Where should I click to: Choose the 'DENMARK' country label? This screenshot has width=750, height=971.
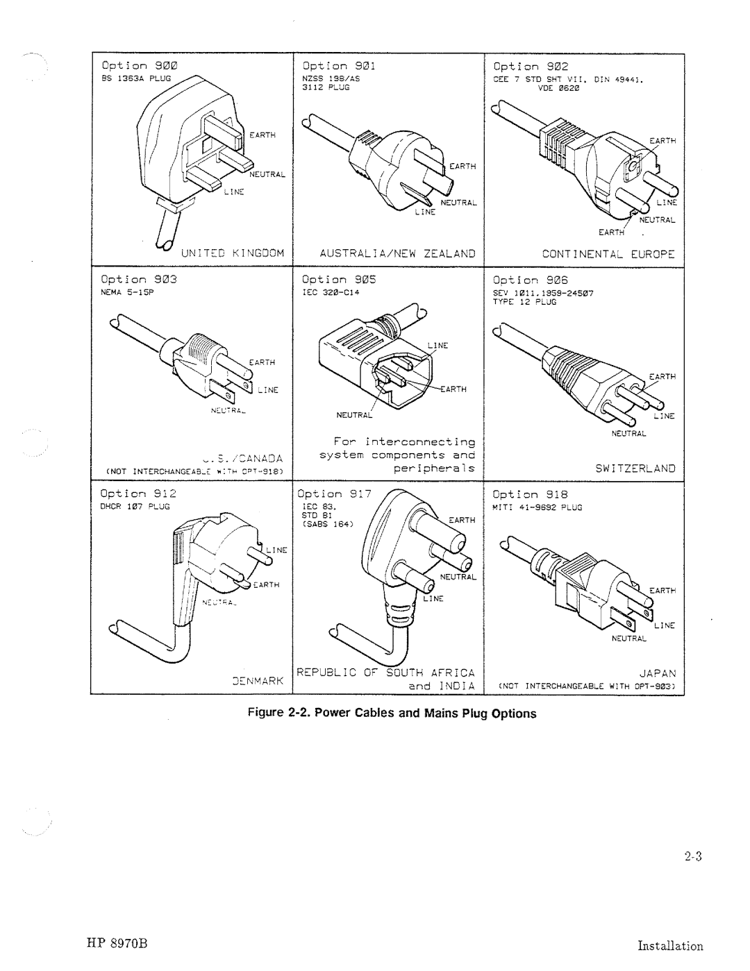pos(256,682)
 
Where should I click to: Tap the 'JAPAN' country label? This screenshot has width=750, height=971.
pos(656,673)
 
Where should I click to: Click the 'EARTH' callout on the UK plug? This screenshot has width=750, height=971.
pos(262,136)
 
